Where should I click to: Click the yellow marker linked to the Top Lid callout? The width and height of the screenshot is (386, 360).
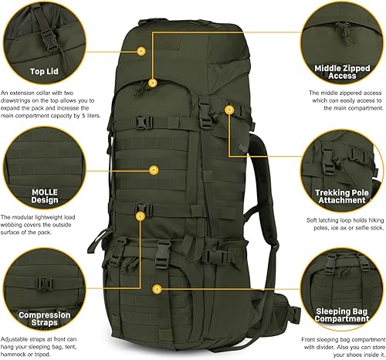[141, 51]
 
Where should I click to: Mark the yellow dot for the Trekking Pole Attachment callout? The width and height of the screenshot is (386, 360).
[229, 110]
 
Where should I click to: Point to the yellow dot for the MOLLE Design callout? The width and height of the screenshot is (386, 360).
[154, 169]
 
